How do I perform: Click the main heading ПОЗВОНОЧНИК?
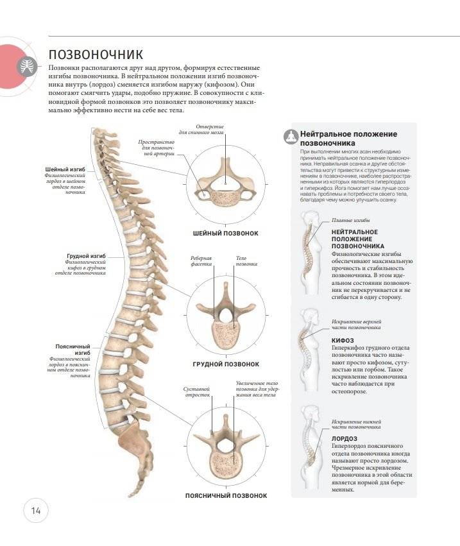coord(96,54)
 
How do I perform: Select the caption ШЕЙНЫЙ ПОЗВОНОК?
coord(225,233)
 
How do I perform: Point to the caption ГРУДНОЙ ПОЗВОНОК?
coord(226,364)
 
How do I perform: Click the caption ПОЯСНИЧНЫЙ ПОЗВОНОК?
coord(225,495)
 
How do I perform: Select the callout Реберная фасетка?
coord(201,261)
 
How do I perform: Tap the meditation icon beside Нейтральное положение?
coord(289,136)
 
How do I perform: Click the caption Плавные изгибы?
coord(346,220)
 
